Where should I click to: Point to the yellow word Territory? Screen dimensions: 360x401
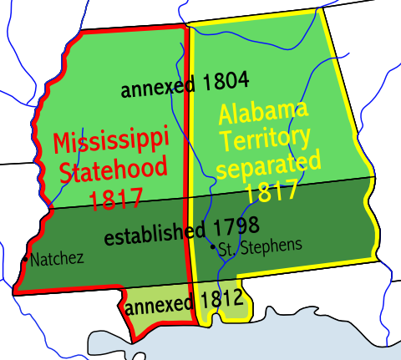[x=265, y=136]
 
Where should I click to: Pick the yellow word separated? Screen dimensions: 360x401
[x=267, y=164]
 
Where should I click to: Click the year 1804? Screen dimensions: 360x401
[x=226, y=84]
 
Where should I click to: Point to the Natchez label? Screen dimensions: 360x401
[x=57, y=258]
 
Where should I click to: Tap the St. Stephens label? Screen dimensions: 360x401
[x=261, y=246]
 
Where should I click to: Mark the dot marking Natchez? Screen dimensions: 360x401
[x=27, y=258]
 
